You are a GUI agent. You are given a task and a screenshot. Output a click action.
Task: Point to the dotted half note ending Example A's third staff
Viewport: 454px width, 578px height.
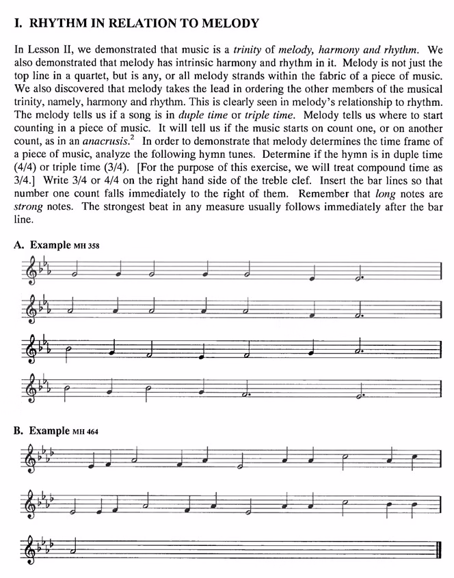[360, 353]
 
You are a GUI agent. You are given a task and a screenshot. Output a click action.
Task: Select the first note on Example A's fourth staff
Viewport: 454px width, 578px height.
[66, 389]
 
